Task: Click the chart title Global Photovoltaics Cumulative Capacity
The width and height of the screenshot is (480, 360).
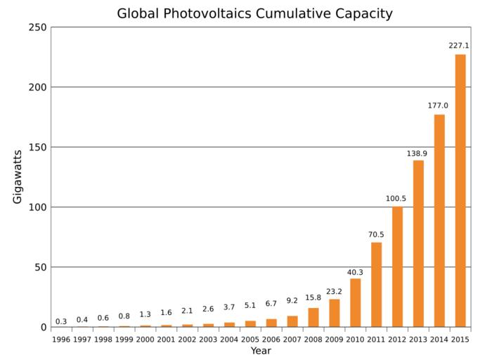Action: pos(254,13)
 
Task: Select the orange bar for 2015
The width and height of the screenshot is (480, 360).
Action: pos(460,191)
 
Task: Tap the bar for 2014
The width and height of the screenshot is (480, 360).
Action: pos(439,221)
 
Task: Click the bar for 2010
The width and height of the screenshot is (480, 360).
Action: pos(355,303)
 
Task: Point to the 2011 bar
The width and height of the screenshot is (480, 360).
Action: pos(376,285)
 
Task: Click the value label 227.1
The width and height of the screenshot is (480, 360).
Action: pos(460,46)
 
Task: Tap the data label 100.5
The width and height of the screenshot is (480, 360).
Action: pos(396,198)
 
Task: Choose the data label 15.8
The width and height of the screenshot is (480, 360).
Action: pos(313,297)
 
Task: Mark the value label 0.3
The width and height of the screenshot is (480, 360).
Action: pos(61,321)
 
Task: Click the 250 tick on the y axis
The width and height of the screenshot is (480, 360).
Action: pos(37,27)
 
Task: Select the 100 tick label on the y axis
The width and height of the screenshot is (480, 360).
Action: pos(37,207)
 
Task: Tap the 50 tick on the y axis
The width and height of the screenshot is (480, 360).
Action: pos(40,267)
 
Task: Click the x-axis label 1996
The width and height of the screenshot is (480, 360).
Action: pos(61,340)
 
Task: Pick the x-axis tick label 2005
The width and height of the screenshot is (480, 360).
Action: pos(250,340)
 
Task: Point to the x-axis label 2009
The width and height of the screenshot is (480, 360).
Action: pos(334,340)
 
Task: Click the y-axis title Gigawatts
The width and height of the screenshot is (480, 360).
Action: pos(18,176)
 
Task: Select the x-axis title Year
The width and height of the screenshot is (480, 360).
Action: pos(261,351)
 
